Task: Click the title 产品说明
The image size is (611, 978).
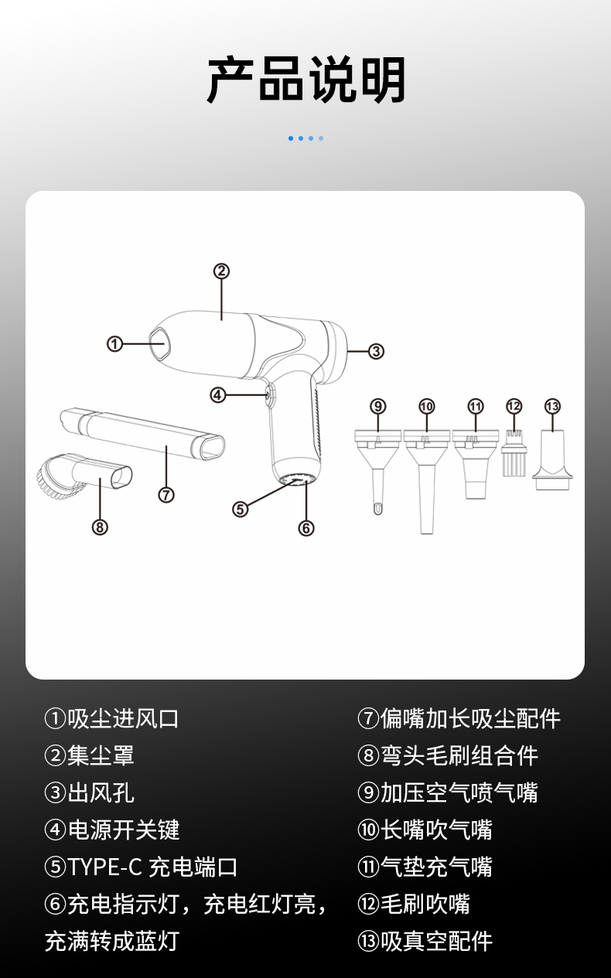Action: pyautogui.click(x=305, y=80)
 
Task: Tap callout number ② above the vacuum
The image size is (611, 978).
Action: pyautogui.click(x=221, y=271)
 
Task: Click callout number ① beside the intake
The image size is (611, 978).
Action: pyautogui.click(x=115, y=344)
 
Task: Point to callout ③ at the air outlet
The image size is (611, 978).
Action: pyautogui.click(x=376, y=352)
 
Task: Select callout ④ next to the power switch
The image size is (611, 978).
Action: pyautogui.click(x=218, y=396)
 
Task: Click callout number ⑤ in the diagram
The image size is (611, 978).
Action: pyautogui.click(x=241, y=509)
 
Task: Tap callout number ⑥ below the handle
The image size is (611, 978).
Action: pyautogui.click(x=306, y=528)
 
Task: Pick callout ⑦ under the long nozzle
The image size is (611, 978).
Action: pyautogui.click(x=166, y=495)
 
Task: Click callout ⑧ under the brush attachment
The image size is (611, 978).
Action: pyautogui.click(x=100, y=527)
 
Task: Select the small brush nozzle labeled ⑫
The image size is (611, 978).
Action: pyautogui.click(x=514, y=454)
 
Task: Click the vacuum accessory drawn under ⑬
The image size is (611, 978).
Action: pyautogui.click(x=552, y=460)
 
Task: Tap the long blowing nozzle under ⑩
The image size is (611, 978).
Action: pyautogui.click(x=427, y=482)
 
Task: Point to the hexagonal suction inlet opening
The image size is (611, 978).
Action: pyautogui.click(x=160, y=343)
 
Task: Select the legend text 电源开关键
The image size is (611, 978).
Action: pyautogui.click(x=124, y=830)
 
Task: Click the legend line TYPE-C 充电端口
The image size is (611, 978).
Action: pyautogui.click(x=152, y=867)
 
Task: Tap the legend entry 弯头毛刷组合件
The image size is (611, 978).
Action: pyautogui.click(x=459, y=755)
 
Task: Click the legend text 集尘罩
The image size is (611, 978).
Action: pyautogui.click(x=101, y=755)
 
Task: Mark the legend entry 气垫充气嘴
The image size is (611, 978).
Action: pyautogui.click(x=436, y=867)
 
